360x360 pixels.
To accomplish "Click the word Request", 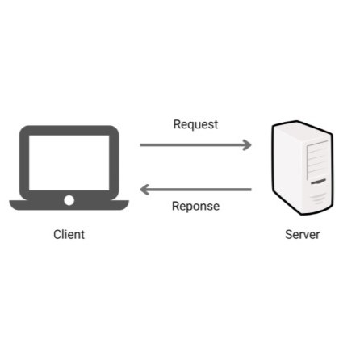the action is point(195,125).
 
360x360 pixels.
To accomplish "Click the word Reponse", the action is point(195,207).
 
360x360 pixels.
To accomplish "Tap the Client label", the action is point(69,234).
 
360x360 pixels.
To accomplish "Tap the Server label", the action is point(303,234).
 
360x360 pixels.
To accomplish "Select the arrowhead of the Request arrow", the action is point(248,145).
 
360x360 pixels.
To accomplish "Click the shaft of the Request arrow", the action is point(193,145).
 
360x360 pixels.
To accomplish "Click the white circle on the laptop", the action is point(69,200).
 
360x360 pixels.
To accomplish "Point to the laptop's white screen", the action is point(69,163).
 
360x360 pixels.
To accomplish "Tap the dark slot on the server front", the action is point(318,182).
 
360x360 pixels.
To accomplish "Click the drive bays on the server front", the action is point(317,159).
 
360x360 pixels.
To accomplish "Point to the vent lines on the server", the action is point(318,199).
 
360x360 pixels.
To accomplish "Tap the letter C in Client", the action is point(57,234).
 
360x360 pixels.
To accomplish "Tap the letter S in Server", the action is point(289,234).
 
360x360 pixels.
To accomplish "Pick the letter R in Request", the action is point(178,124).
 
